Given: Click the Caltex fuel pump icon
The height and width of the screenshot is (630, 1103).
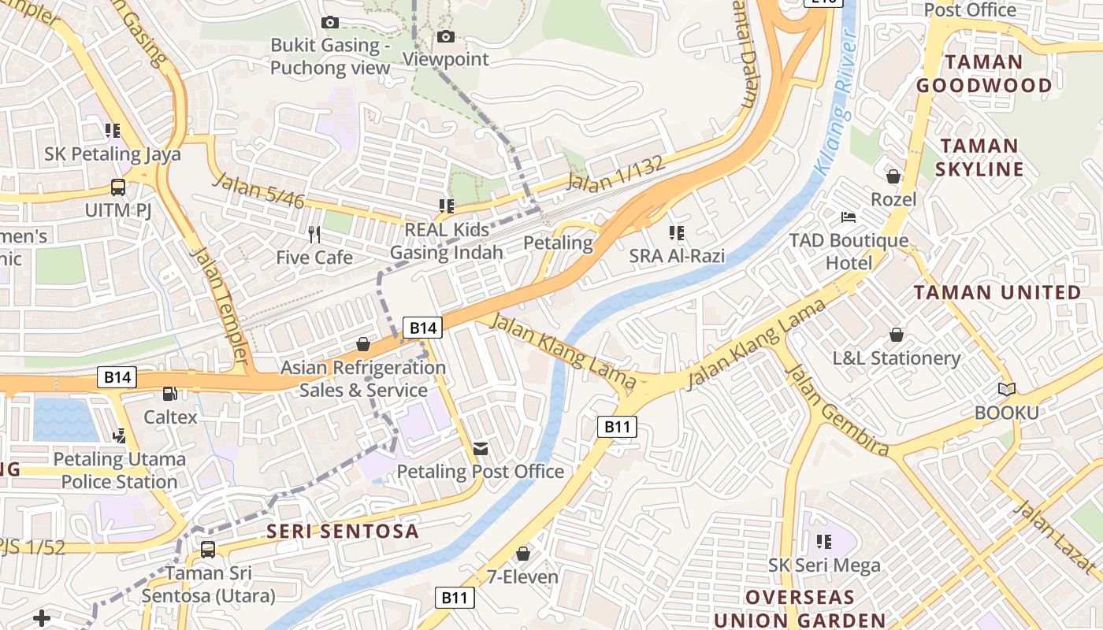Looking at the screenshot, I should point(169,393).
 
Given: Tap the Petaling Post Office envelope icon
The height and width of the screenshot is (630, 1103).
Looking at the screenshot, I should point(480,449).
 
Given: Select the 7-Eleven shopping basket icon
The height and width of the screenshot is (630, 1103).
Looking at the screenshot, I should point(522,554).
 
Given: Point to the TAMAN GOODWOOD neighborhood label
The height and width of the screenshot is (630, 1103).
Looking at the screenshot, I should point(984,73).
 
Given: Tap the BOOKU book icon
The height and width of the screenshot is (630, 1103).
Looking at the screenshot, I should point(1006,389).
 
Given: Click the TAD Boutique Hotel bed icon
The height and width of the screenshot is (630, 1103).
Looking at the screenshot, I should point(849,217).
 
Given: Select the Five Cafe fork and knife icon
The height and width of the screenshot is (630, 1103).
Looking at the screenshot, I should point(314,234).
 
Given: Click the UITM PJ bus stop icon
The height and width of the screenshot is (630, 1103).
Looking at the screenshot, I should point(117,187).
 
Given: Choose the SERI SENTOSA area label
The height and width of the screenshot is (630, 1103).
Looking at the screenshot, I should point(343,531).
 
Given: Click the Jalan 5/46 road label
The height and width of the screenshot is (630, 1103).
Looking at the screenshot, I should point(258,190).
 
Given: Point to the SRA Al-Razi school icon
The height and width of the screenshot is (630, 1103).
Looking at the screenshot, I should point(676,232).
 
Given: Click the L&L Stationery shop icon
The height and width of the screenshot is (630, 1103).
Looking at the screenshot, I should point(897,335).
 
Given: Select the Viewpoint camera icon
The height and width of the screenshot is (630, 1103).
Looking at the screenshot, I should point(446,36).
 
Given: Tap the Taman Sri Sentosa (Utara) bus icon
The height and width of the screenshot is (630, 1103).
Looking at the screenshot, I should point(208,549).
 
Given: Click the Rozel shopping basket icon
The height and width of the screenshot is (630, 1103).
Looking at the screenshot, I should point(893,176).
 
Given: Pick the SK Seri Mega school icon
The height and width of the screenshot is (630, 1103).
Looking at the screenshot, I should point(824,541).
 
